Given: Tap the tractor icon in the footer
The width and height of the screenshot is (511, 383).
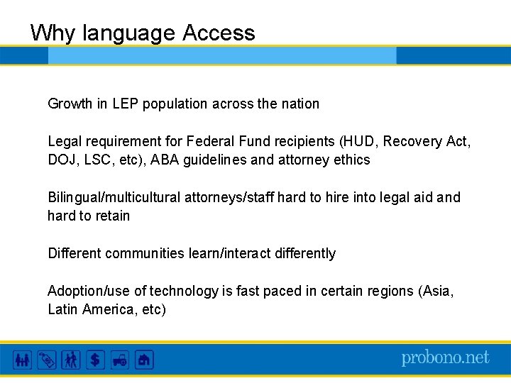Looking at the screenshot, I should coord(119,360).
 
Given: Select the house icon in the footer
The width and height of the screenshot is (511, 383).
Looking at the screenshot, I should coord(144,360).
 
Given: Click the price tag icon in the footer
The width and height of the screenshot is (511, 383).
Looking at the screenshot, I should coord(46,360).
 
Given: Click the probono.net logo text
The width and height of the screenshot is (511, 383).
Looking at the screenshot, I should coord(445,358).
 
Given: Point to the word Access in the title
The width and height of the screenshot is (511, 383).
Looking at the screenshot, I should coord(219,33).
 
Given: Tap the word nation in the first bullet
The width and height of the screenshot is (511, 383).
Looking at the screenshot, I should coord(300,104).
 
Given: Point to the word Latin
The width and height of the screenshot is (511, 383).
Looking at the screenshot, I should coord(62,309).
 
